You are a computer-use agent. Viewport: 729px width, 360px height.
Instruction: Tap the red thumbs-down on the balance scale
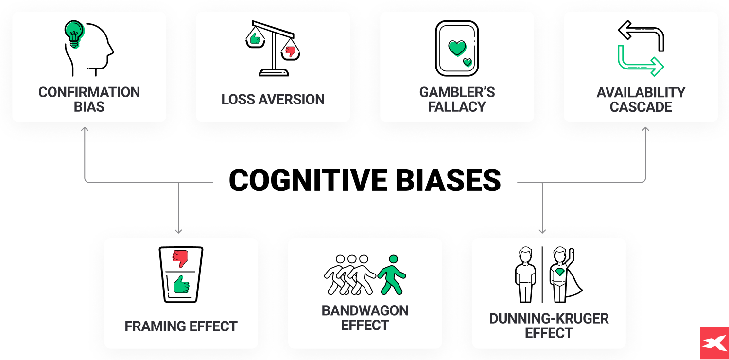pos(291,51)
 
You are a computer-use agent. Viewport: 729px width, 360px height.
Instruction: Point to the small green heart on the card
pos(468,62)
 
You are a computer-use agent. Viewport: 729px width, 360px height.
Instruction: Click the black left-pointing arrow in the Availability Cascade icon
pos(625,31)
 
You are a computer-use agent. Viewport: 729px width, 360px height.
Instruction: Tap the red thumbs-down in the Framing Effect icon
pos(181,258)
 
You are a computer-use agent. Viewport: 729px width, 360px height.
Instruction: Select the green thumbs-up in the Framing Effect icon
pos(181,285)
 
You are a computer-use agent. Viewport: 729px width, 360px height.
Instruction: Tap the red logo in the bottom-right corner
pos(714,343)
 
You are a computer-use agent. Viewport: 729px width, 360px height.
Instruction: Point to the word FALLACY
pos(457,107)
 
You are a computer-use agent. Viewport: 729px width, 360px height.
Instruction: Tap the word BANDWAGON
pos(365,311)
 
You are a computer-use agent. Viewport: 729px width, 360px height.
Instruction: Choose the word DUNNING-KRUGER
pos(549,319)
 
